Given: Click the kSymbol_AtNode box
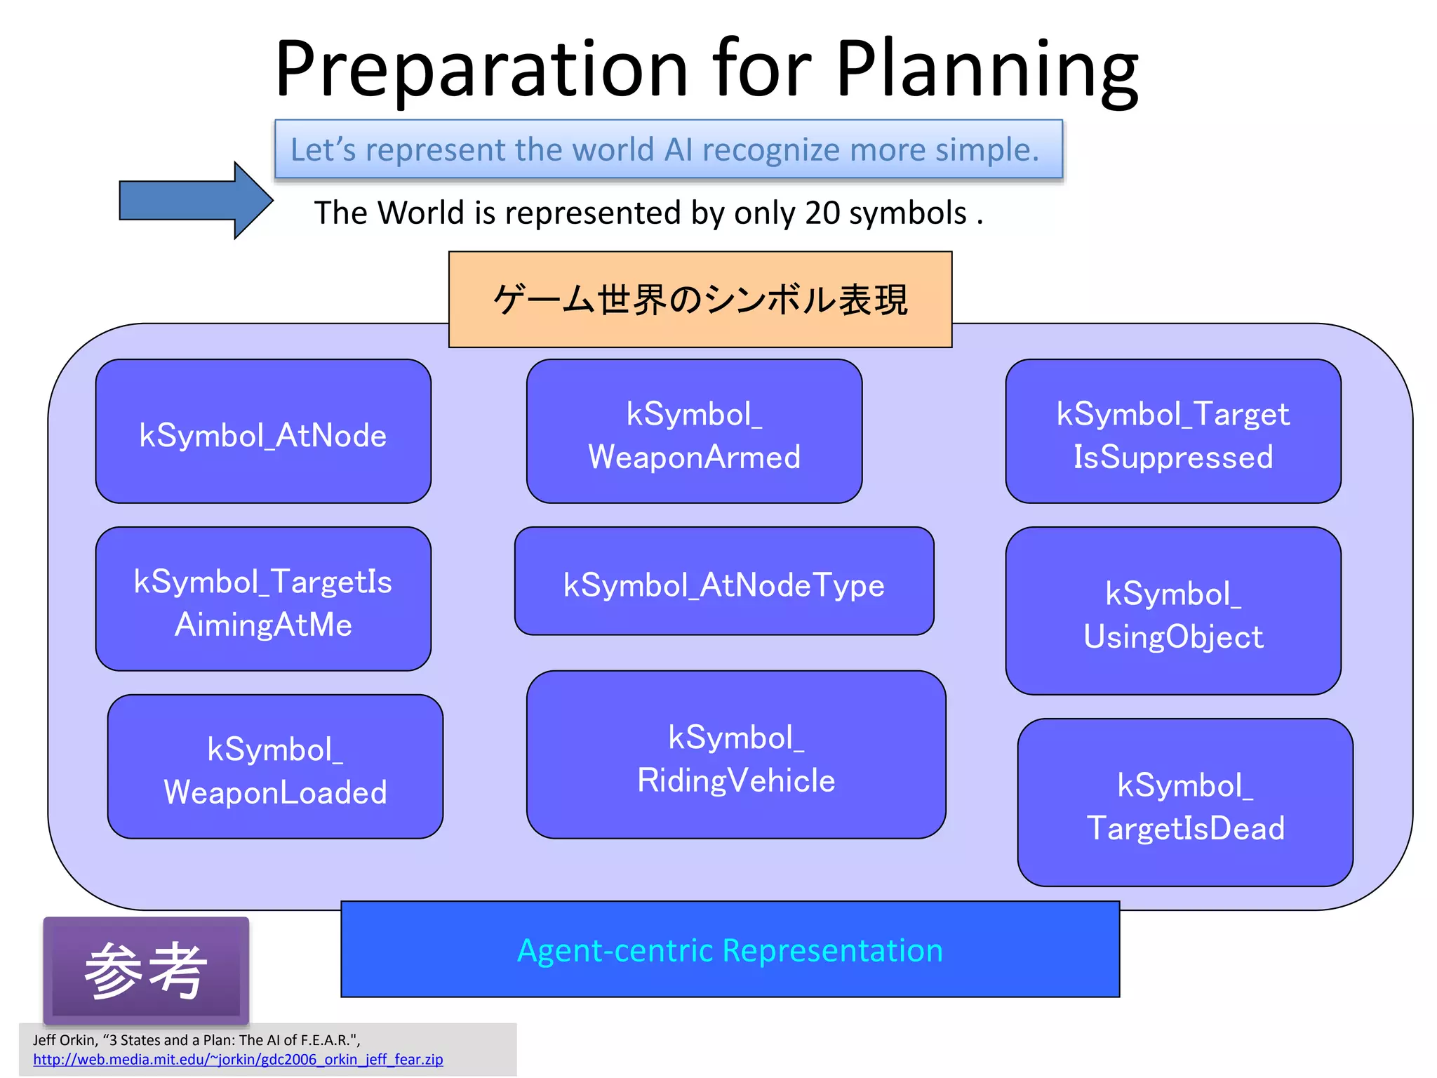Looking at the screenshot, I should pos(263,432).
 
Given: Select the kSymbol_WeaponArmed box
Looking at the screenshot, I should pos(694,432).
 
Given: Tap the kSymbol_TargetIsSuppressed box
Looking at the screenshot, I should pos(1172,432).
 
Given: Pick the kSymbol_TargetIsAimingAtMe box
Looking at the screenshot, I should pos(263,599).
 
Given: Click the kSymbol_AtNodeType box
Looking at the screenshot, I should pos(723,582).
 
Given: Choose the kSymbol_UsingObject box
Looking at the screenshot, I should pos(1172,611).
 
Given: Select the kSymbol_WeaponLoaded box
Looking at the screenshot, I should pos(275,767).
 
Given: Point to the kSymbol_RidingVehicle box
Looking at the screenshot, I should pos(736,755).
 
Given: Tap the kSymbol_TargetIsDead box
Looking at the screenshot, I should pos(1185,803).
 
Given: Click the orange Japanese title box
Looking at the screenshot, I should pos(700,300).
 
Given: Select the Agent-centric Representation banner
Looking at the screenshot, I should pos(730,950).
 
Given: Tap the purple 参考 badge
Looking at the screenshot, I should pos(146,971).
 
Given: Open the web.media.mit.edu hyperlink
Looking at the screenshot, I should pos(238,1060).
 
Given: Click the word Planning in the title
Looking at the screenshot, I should pos(987,70).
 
